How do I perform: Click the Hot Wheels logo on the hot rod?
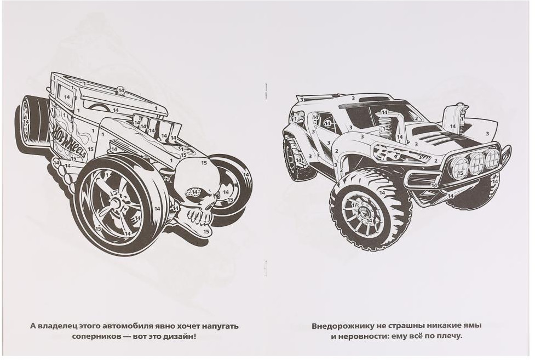[x=68, y=141]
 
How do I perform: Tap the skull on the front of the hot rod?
[x=198, y=191]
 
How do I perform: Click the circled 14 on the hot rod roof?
[x=121, y=90]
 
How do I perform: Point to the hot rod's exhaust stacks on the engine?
[x=156, y=127]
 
